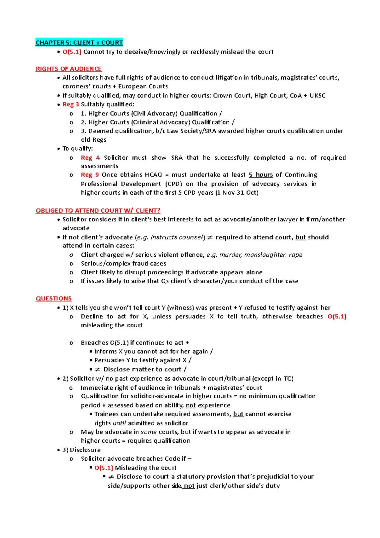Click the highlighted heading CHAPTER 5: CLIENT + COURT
coord(79,43)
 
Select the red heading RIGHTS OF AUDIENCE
coord(69,69)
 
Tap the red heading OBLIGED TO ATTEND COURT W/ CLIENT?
coord(98,211)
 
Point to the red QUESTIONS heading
coord(54,298)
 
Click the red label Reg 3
coord(71,104)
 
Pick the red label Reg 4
coord(90,157)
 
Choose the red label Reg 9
coord(90,175)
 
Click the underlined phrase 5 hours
coord(261,175)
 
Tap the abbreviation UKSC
coord(317,95)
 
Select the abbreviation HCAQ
coord(153,175)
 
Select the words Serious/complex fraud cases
coord(123,264)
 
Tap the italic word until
coord(119,423)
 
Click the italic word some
coord(149,432)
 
